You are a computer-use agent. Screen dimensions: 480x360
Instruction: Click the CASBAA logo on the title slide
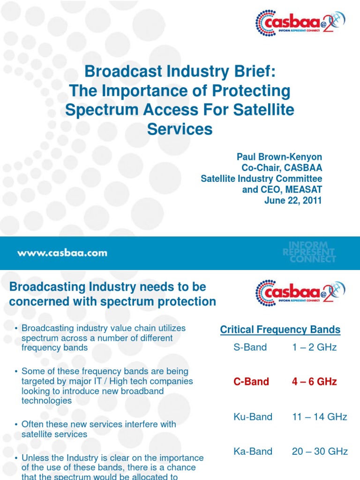[x=300, y=22]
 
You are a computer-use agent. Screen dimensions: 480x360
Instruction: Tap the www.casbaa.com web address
[x=62, y=253]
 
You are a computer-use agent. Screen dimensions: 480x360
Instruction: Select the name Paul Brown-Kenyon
[x=279, y=157]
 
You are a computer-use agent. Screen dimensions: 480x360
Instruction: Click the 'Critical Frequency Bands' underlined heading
[x=280, y=330]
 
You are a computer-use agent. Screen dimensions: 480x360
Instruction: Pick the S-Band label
[x=250, y=347]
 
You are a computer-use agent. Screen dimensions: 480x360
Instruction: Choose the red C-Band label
[x=251, y=382]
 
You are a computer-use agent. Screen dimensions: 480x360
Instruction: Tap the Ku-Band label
[x=253, y=417]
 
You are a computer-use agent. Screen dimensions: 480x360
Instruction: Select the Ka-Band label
[x=253, y=451]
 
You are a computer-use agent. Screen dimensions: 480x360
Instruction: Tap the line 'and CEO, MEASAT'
[x=282, y=190]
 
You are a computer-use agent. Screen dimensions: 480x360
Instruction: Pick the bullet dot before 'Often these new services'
[x=16, y=425]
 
